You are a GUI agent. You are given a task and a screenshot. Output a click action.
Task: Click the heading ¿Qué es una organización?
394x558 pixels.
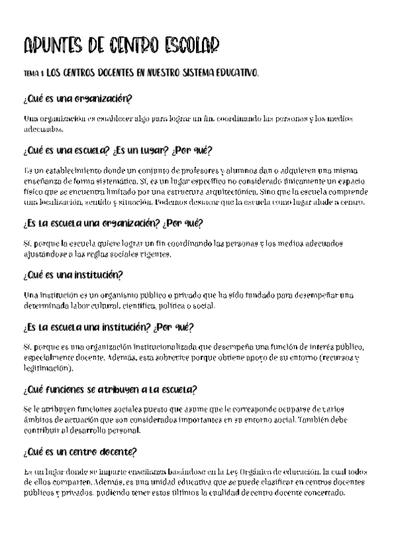click(78, 99)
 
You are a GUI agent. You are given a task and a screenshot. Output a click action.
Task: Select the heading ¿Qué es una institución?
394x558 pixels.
click(72, 274)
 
